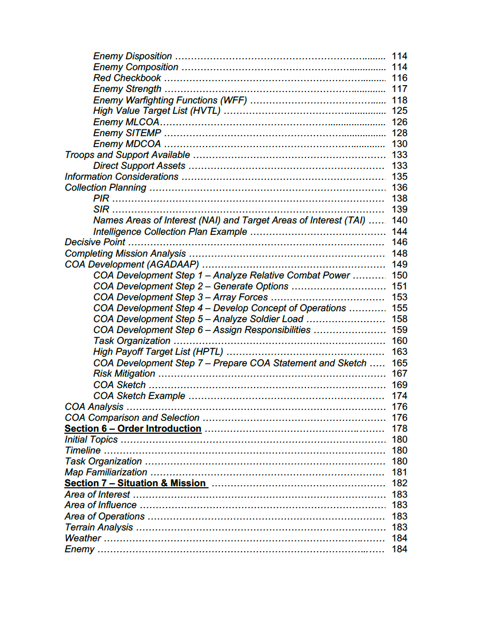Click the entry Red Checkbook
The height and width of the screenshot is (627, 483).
coord(127,78)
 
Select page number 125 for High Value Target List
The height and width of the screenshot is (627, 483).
coord(399,111)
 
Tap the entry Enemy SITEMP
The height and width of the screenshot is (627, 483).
coord(127,133)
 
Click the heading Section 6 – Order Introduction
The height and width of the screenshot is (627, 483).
coord(133,429)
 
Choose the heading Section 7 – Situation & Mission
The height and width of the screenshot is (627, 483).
coord(135,483)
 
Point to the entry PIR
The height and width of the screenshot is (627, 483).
coord(101,198)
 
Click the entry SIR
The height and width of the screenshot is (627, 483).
coord(101,209)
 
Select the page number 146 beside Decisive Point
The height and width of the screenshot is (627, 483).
coord(399,242)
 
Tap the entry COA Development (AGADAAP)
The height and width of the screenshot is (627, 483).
coord(132,264)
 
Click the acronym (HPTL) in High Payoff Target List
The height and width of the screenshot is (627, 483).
coord(208,352)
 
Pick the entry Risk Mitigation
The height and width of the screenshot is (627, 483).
coord(124,373)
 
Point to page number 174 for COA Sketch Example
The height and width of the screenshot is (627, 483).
coord(399,396)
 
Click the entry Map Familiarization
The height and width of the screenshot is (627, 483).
coord(106,472)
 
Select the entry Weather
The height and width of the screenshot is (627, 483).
coord(82,538)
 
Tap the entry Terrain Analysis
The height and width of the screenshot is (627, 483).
coord(99,527)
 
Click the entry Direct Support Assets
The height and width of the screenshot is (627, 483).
coord(139,166)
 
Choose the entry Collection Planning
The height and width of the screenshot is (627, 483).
coord(105,188)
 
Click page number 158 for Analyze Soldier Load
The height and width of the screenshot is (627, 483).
coord(399,319)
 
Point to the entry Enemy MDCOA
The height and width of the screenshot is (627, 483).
coord(127,144)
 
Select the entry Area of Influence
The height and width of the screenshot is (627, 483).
coord(101,505)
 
